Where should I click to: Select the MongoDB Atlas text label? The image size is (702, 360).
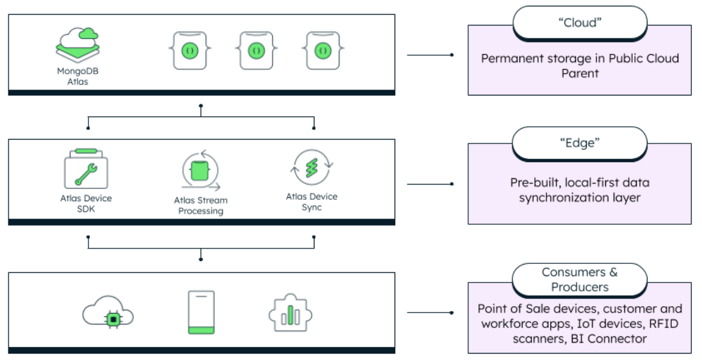tap(78, 76)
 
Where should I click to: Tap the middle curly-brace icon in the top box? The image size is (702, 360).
tap(256, 50)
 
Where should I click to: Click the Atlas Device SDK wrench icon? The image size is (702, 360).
tap(86, 169)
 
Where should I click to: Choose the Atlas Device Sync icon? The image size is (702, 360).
tap(311, 168)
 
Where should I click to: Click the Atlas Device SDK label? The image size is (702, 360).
tap(86, 203)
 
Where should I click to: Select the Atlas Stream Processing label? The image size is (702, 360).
tap(201, 206)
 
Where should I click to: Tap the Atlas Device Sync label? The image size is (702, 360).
tap(311, 202)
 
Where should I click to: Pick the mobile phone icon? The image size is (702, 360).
tap(201, 313)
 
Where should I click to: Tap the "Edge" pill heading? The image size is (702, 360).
tap(579, 143)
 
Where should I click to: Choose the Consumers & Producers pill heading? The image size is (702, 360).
tap(579, 279)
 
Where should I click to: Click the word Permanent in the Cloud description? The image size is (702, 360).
tap(509, 58)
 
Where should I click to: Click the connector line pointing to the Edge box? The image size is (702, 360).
tap(430, 184)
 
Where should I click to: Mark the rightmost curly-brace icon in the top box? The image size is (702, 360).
tap(322, 50)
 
